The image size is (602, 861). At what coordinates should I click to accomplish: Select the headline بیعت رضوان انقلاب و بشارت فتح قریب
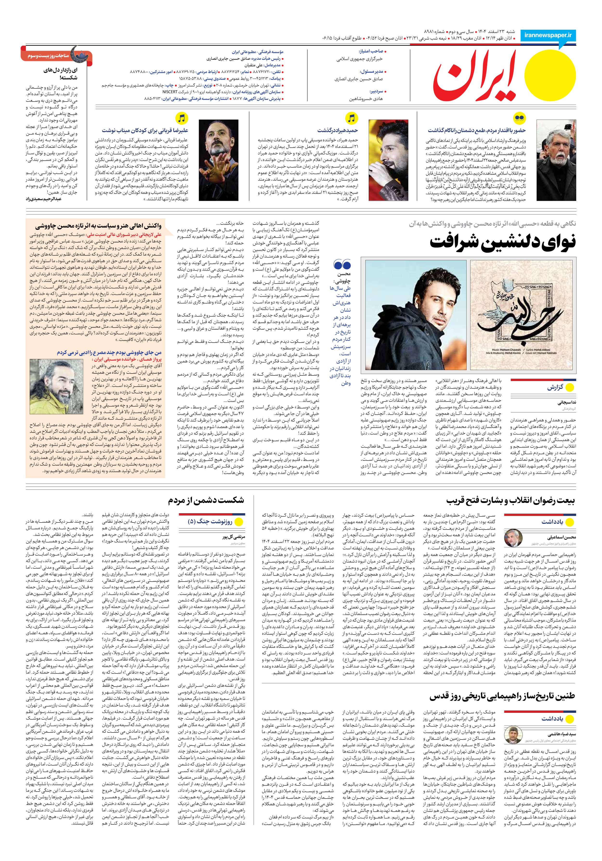[x=510, y=501]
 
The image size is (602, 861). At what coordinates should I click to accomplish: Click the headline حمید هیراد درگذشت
[x=338, y=130]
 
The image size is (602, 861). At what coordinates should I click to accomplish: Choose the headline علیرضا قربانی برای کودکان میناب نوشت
[x=145, y=130]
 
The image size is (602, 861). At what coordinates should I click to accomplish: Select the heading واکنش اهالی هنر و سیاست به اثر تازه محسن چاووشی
[x=98, y=226]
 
